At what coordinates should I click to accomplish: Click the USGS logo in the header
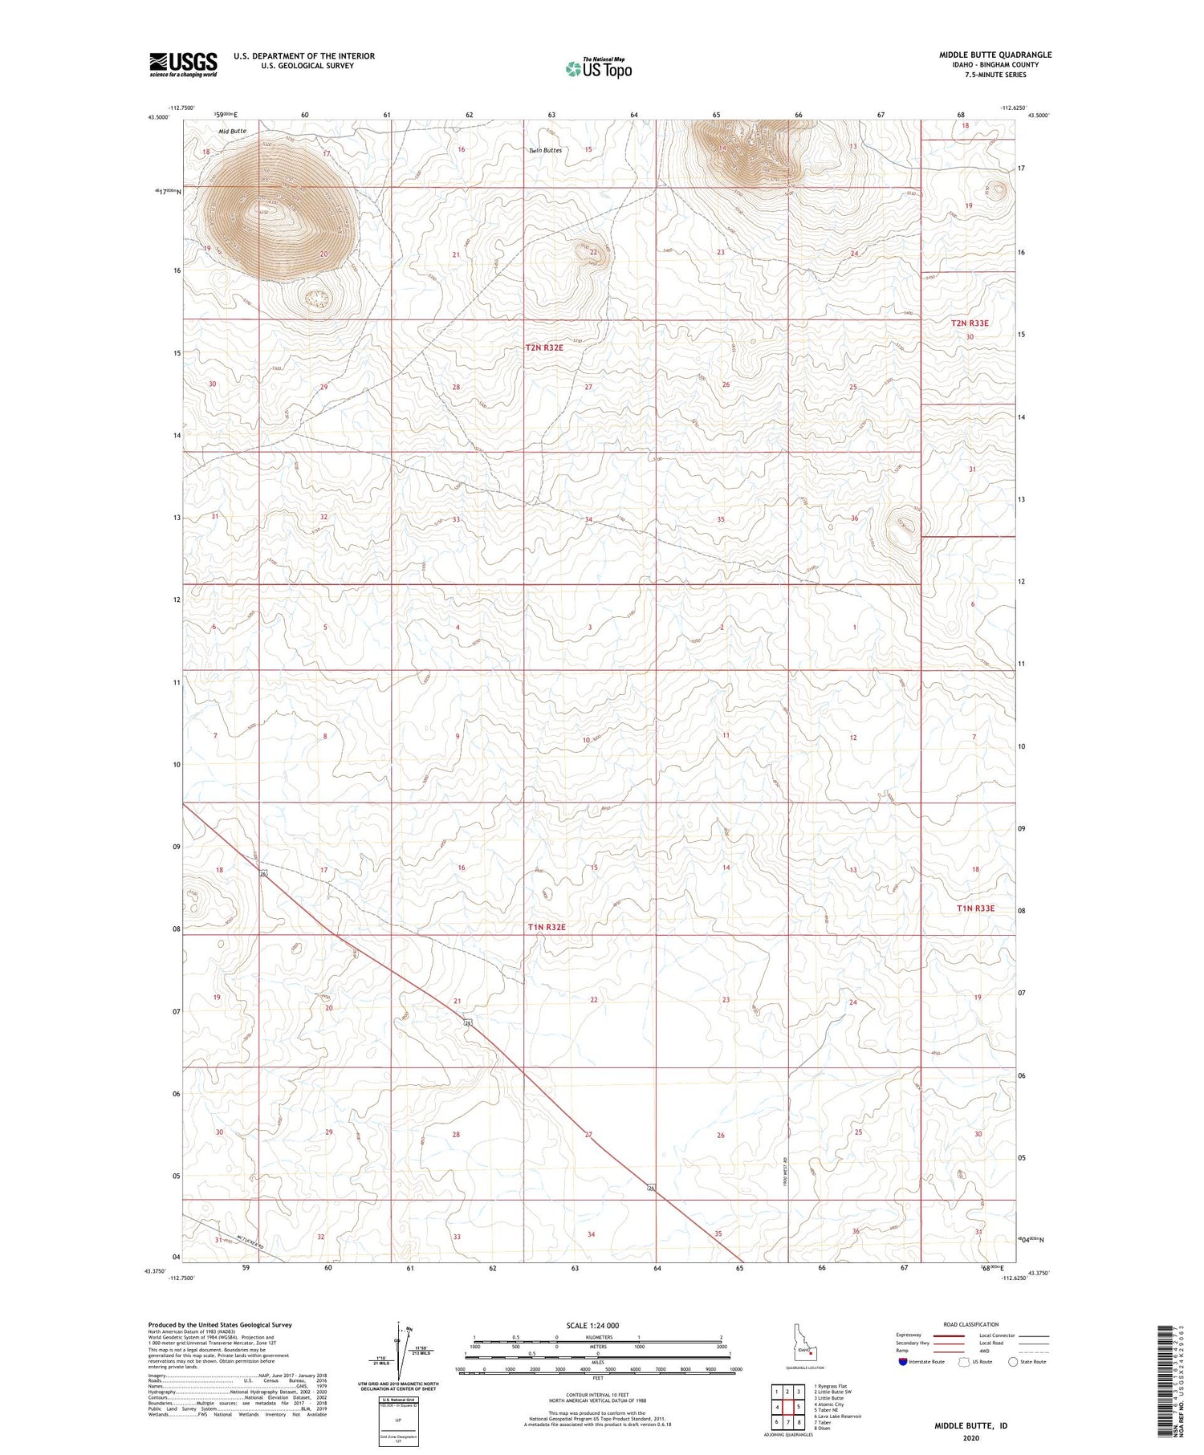point(183,64)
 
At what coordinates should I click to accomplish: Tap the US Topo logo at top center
point(598,69)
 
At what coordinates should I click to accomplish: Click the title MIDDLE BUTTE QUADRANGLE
point(995,55)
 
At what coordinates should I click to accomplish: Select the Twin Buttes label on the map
point(545,150)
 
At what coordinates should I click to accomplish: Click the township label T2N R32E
point(544,347)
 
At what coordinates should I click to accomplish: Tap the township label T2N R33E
point(970,323)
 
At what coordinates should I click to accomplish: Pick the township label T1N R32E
point(547,927)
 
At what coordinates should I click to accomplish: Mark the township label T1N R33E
point(975,908)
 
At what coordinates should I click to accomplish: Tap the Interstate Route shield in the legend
point(903,1361)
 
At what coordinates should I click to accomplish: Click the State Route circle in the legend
point(1013,1361)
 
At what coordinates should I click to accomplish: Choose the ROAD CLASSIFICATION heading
point(971,1324)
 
